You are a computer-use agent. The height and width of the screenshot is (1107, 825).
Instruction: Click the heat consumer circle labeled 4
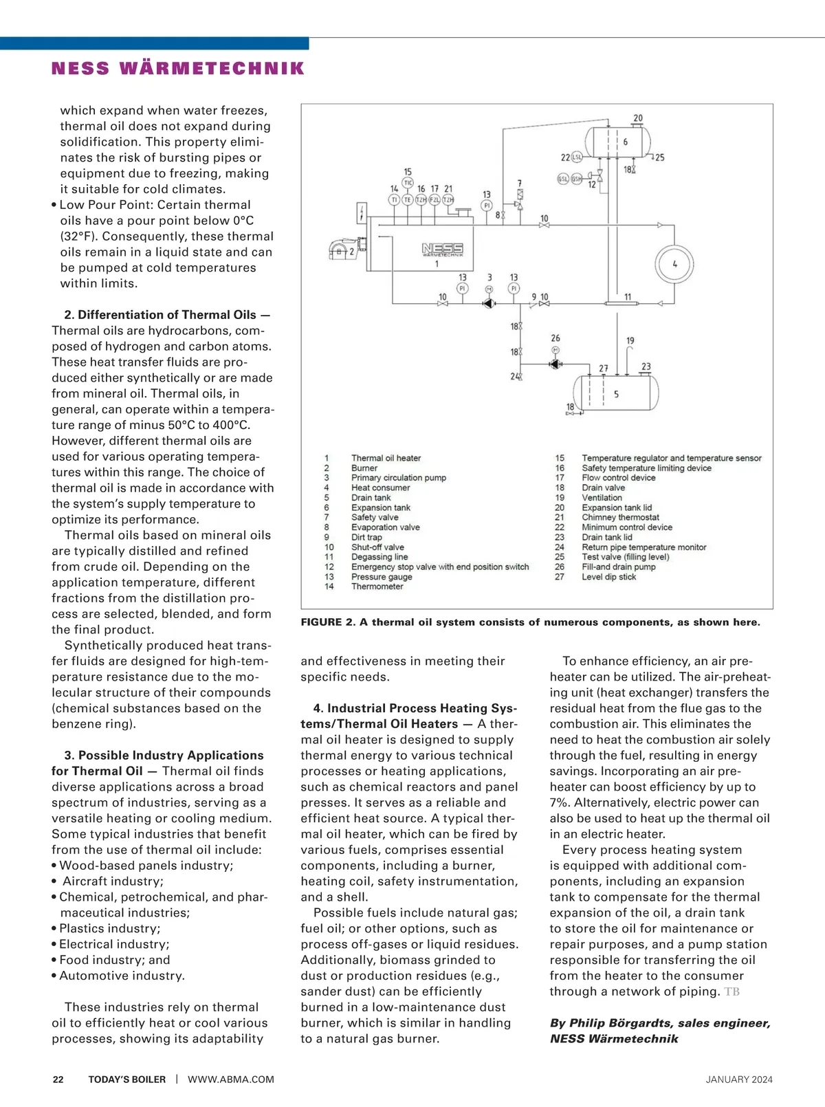[674, 264]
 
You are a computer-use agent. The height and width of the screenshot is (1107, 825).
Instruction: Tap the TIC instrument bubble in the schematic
[408, 183]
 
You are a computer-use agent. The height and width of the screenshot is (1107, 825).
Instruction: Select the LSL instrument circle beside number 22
[577, 157]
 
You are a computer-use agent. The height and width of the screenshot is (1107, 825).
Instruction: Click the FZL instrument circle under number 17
[434, 200]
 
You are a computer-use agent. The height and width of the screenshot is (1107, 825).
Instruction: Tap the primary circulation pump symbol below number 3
[489, 303]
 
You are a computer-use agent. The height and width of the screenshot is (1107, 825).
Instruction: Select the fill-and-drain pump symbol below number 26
[555, 363]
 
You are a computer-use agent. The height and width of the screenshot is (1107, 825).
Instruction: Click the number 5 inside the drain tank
[616, 394]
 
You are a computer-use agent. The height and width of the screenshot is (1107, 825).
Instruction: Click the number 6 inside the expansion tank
[625, 142]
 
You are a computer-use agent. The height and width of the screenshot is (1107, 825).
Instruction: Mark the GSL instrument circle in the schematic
[562, 179]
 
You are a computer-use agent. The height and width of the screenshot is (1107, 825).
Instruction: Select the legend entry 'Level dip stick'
[608, 577]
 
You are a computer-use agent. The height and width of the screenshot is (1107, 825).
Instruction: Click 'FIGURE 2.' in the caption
[328, 622]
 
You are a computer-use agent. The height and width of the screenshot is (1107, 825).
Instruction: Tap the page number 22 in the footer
[58, 1079]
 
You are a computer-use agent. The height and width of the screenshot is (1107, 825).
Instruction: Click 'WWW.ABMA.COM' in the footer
[231, 1079]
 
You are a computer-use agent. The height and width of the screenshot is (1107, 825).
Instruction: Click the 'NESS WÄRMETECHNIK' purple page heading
[178, 69]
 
